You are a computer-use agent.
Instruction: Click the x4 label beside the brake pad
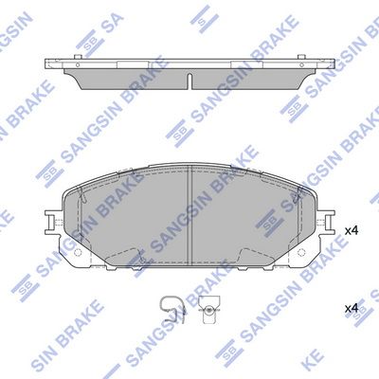(x=351, y=230)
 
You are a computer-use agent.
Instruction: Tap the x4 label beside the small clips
(x=351, y=308)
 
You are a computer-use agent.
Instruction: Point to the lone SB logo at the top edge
(x=201, y=12)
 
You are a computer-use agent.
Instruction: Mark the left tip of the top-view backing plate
(x=44, y=64)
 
